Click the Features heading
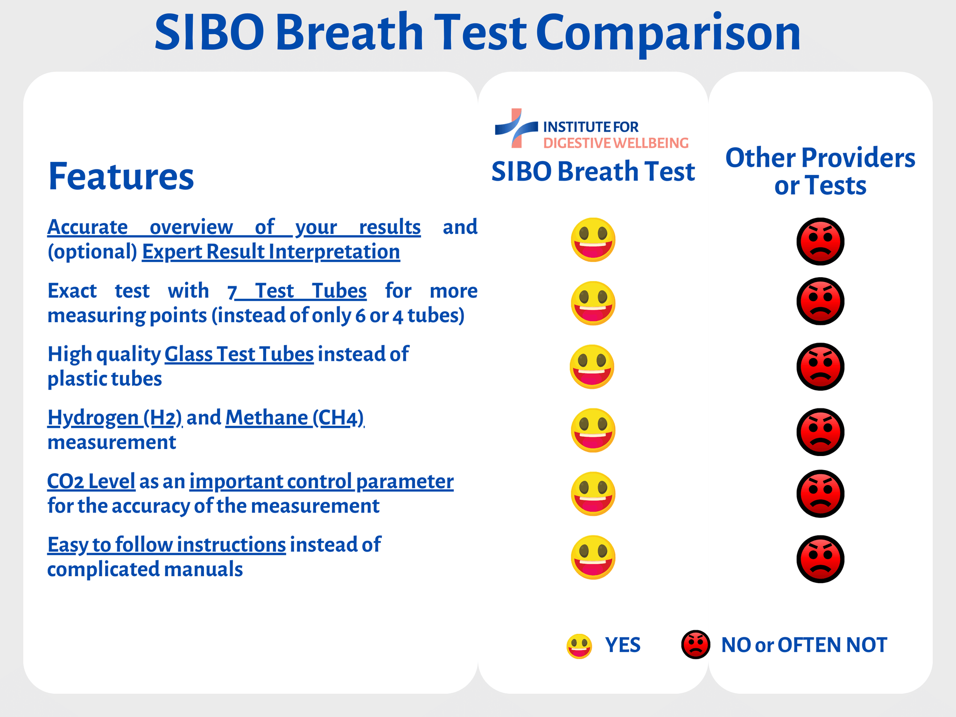121,176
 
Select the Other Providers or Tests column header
820,171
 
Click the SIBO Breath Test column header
593,171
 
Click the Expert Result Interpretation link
271,252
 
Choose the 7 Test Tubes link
297,291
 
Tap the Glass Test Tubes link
239,354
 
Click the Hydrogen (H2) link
115,418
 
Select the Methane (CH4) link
295,418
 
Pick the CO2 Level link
91,481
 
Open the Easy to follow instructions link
167,545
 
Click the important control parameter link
321,481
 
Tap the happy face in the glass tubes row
592,367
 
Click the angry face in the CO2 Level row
820,494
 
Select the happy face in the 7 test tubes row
593,303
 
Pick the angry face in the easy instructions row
820,559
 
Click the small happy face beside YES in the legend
579,646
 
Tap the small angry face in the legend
696,645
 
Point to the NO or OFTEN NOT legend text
804,645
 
